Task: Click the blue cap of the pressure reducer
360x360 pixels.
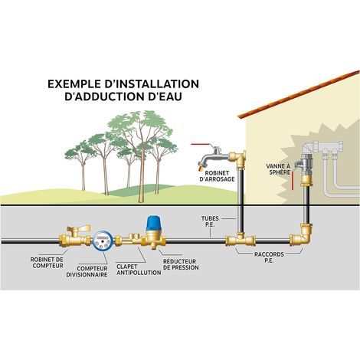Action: pyautogui.click(x=153, y=222)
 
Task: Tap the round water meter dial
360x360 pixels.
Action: pyautogui.click(x=103, y=241)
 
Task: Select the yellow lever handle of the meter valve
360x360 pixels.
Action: pyautogui.click(x=78, y=227)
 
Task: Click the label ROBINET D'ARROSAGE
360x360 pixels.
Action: pyautogui.click(x=218, y=176)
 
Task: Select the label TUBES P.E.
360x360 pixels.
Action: pyautogui.click(x=210, y=221)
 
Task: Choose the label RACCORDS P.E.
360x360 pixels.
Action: pyautogui.click(x=269, y=257)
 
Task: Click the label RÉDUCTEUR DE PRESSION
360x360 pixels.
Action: pyautogui.click(x=181, y=264)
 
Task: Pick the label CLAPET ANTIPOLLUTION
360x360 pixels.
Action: pyautogui.click(x=139, y=270)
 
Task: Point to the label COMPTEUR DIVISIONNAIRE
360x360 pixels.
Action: pyautogui.click(x=87, y=272)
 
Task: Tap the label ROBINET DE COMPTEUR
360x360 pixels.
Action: pyautogui.click(x=47, y=263)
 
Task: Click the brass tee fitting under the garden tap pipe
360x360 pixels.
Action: pyautogui.click(x=241, y=239)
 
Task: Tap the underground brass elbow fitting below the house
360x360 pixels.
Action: pyautogui.click(x=303, y=235)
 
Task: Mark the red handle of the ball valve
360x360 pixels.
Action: pyautogui.click(x=293, y=181)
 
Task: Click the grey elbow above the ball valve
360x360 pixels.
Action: pyautogui.click(x=309, y=149)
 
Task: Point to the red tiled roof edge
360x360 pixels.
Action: pyautogui.click(x=299, y=94)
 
